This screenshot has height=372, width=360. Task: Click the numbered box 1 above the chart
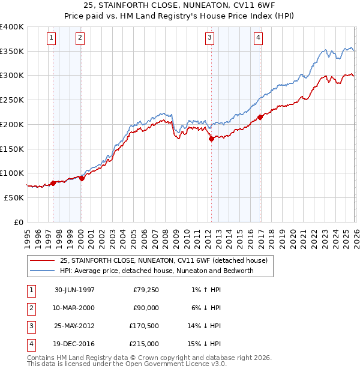coord(51,38)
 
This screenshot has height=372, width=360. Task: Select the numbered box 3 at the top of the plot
coord(209,38)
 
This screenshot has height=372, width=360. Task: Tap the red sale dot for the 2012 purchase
coord(211,139)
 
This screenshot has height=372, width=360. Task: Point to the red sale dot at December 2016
coord(260,117)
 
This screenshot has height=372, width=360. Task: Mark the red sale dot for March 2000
coord(82,178)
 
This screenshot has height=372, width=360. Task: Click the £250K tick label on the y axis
coord(12,100)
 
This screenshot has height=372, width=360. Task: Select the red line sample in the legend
coord(43,260)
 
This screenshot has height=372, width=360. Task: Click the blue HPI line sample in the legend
coord(43,271)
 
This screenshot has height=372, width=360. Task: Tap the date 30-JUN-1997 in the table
coord(74,290)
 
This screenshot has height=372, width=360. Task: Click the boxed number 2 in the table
coord(30,308)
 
